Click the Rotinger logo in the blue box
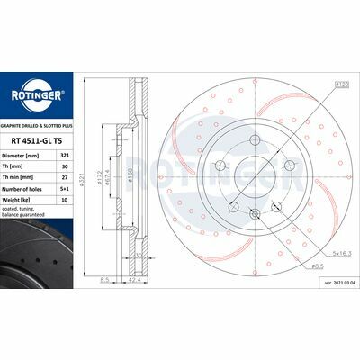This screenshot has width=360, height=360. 35,96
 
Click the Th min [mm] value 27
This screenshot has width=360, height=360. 62,177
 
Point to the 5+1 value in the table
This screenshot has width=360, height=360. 62,190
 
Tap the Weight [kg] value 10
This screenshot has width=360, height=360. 62,202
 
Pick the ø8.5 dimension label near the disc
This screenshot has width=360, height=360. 318,268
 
